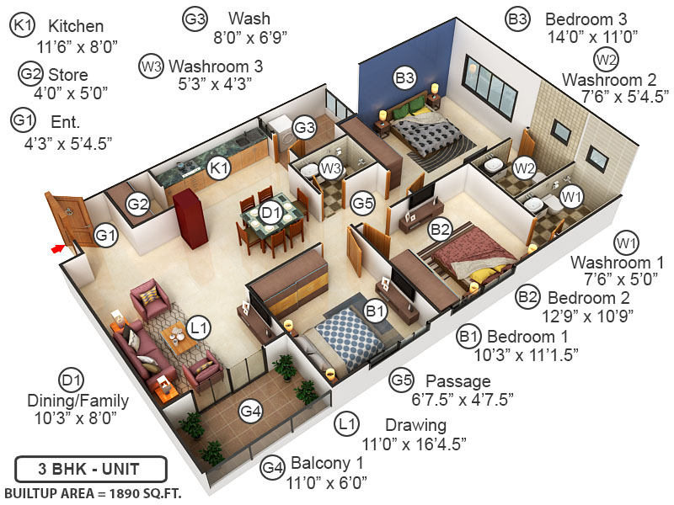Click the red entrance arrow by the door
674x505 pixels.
coord(58,248)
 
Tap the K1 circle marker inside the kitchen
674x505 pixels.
coord(219,169)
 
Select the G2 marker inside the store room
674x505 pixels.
coord(138,205)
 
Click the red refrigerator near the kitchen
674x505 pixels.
coord(191,217)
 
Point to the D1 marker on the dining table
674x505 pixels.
coord(270,214)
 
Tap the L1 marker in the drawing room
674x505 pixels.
coord(200,326)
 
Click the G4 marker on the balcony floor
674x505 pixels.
coord(250,411)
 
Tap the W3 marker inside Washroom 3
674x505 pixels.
coord(331,169)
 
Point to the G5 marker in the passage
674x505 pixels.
coord(362,203)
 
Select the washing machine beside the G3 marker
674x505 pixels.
coord(278,129)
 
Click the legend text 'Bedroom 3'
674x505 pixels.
coord(586,18)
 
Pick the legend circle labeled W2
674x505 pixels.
coord(607,58)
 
